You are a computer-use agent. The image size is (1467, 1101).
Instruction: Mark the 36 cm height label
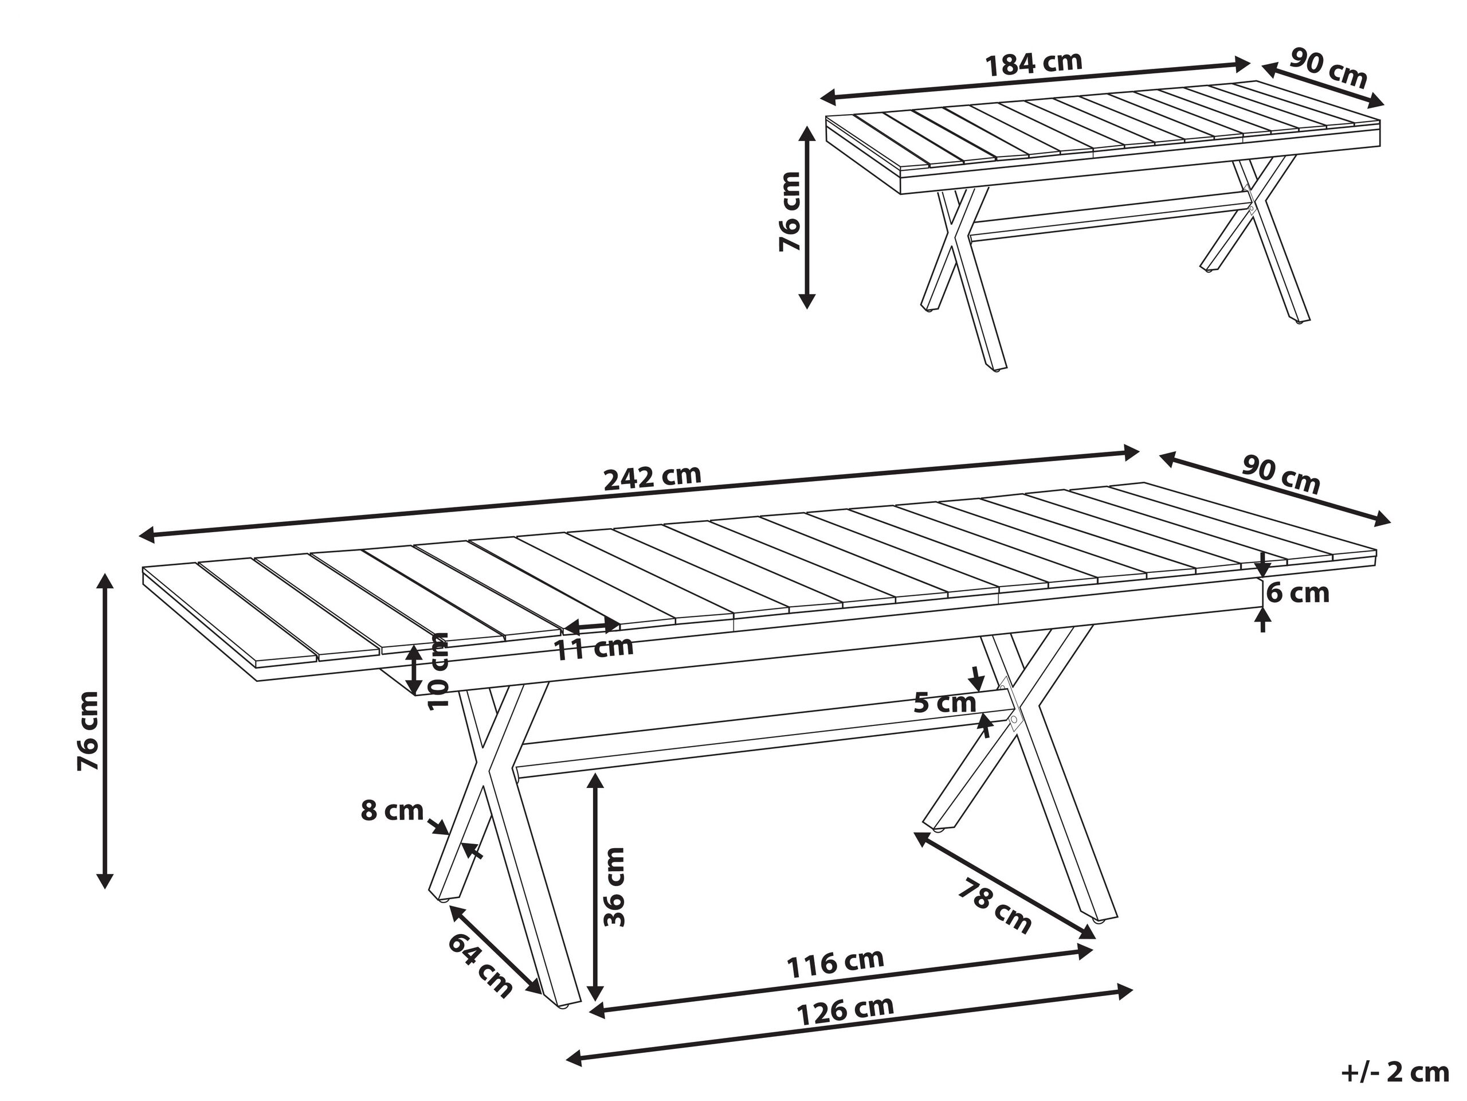[614, 887]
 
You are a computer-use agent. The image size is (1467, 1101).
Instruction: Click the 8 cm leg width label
[392, 811]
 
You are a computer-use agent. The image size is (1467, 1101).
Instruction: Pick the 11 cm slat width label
[594, 648]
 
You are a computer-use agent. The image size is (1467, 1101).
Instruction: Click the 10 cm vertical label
[438, 671]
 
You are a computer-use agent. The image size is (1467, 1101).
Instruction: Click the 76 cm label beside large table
[88, 731]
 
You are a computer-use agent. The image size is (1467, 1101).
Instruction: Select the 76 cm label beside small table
[789, 212]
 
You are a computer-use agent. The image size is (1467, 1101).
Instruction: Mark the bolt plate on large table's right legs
[1009, 705]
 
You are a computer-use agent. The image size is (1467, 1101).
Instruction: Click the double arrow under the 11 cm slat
[591, 625]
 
